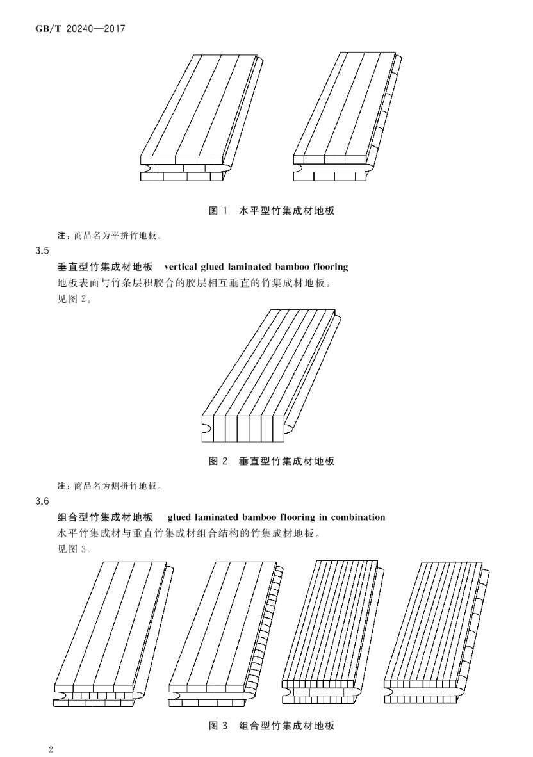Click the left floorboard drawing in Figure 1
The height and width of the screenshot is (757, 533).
pos(200,118)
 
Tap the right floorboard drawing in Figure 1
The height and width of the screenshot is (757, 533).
pos(347,118)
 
